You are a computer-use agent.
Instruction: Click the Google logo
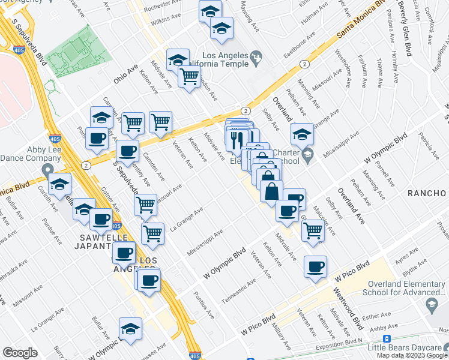click(20, 353)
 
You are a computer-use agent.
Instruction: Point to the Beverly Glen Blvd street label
click(405, 26)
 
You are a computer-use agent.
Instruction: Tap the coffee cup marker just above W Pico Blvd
click(315, 266)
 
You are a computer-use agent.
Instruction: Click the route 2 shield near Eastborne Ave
click(305, 64)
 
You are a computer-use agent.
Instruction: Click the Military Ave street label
click(281, 337)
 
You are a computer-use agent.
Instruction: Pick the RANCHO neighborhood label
click(427, 193)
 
